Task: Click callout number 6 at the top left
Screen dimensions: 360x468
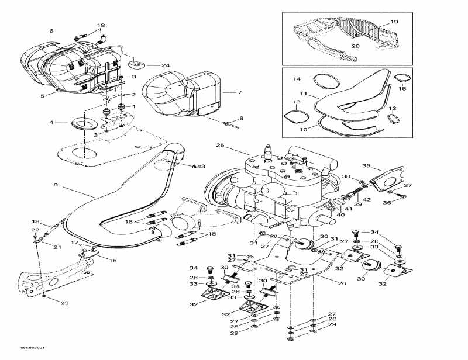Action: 51,31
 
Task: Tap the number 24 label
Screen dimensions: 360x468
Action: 149,65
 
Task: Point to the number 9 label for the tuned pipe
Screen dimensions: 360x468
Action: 56,185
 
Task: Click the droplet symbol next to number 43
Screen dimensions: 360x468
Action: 194,166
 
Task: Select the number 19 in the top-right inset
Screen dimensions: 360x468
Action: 394,22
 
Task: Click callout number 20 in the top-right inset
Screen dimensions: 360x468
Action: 355,45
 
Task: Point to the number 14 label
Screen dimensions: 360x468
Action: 297,79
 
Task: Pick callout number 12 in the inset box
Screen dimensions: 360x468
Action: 393,108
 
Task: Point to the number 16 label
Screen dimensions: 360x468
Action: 112,261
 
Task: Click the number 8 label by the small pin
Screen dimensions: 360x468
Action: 241,119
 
